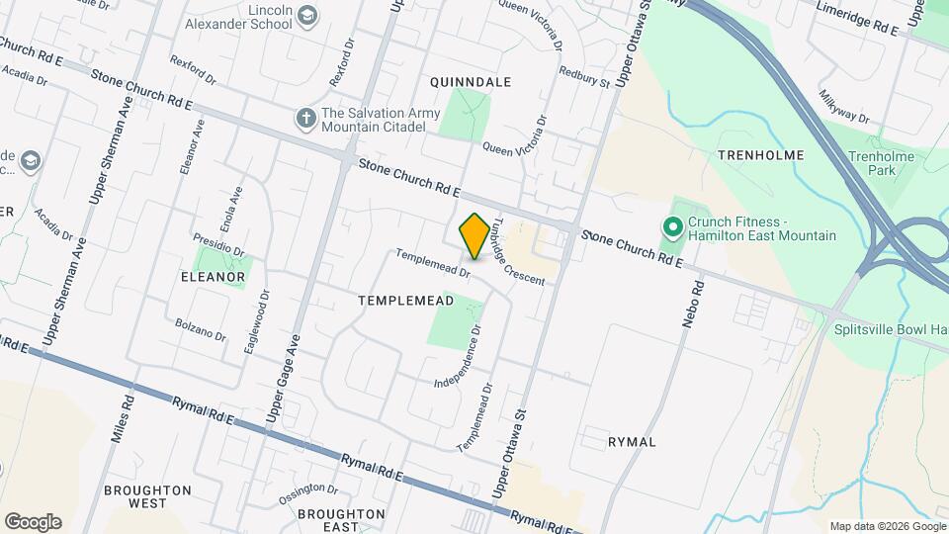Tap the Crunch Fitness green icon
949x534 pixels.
[x=673, y=229]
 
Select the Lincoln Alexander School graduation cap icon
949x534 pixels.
[x=307, y=14]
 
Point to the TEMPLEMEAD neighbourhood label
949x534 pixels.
[x=405, y=300]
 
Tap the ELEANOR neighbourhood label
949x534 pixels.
[x=212, y=278]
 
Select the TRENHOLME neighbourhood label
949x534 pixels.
[x=760, y=155]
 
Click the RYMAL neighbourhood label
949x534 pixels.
[x=633, y=442]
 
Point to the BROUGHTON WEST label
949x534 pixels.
[x=147, y=496]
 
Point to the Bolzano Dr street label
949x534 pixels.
[x=201, y=327]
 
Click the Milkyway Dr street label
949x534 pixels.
[x=843, y=107]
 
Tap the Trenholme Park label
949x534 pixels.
[x=875, y=163]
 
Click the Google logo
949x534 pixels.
[x=33, y=522]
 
